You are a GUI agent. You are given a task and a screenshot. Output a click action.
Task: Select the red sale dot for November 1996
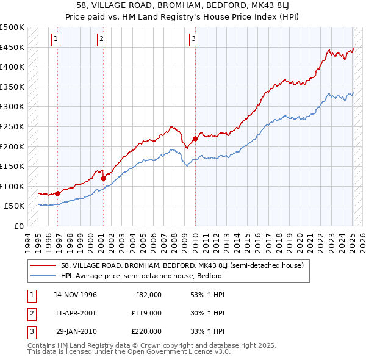(58, 193)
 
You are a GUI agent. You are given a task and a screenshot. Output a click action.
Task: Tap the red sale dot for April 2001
(103, 178)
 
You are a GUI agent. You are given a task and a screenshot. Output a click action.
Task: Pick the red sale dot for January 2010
(195, 139)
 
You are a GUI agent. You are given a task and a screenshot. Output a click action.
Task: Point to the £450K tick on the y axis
(12, 47)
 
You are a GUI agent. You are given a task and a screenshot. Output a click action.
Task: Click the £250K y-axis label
(12, 126)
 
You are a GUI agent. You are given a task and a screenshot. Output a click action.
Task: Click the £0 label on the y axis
(18, 226)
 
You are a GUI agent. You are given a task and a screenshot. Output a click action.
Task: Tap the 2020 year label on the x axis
(298, 241)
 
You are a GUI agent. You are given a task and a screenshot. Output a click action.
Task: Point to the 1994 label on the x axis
(28, 241)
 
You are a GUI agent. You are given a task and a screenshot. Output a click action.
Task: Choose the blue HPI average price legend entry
(140, 276)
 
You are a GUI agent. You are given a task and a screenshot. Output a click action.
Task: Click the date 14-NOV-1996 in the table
(76, 295)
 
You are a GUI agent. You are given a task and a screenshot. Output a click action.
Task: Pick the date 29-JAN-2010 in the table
(76, 331)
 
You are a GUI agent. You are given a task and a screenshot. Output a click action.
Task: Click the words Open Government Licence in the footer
(172, 352)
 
